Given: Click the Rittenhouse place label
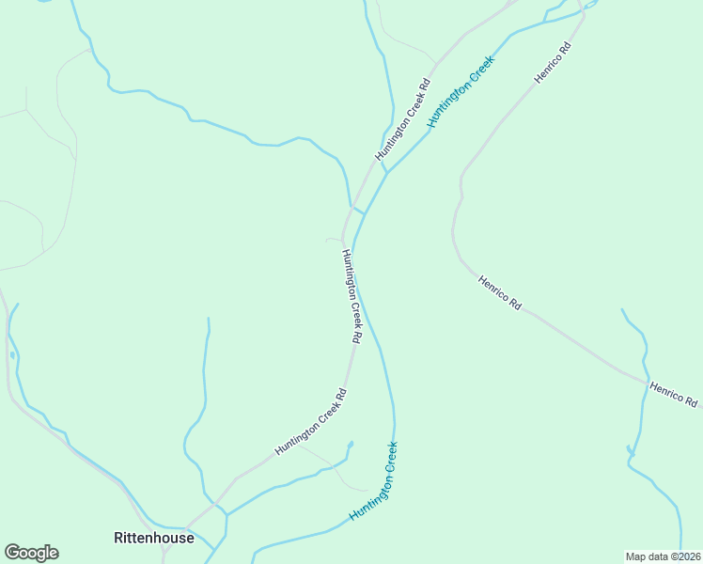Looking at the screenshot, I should coord(153,539).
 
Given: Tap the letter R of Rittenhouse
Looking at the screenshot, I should coord(117,539).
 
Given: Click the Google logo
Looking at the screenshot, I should coord(31,553).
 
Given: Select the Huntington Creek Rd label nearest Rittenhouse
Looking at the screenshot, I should coord(311,423).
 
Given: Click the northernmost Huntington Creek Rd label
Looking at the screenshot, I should coord(403,119).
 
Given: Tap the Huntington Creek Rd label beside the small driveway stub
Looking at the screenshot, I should coord(352,295).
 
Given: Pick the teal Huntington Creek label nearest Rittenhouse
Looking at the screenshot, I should coord(374,481).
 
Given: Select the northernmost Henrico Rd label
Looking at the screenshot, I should coord(553,63).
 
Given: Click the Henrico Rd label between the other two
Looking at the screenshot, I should coord(499,292).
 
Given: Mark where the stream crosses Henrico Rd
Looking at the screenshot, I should coord(647,382).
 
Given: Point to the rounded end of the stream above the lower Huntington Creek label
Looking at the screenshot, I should coord(350,443).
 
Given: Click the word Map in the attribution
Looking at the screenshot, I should coord(637,556).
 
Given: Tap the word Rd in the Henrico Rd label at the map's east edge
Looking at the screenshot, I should coord(691,401).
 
